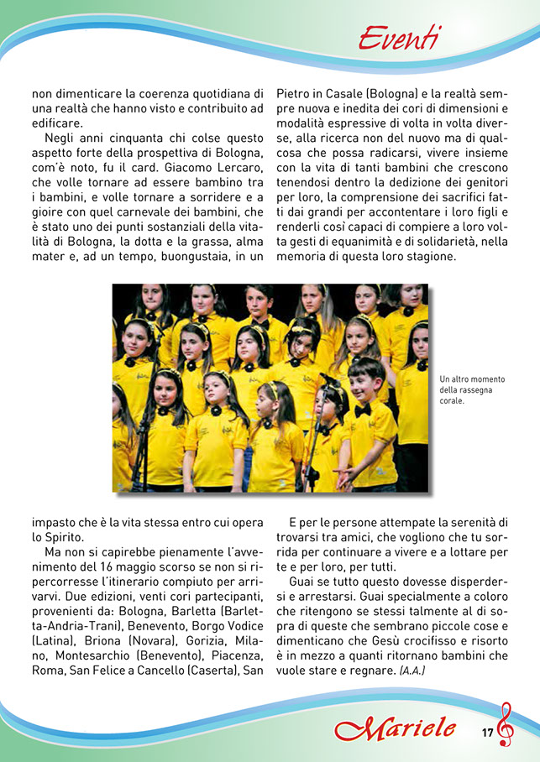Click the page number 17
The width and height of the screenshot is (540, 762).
coord(488,732)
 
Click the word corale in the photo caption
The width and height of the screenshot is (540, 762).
coord(451,400)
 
